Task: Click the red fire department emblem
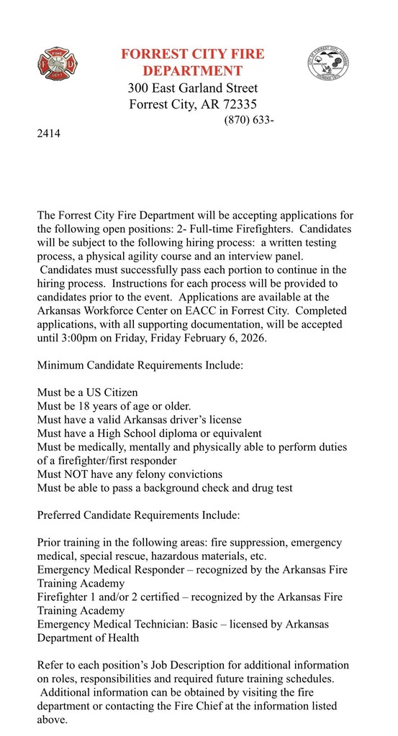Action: pyautogui.click(x=58, y=63)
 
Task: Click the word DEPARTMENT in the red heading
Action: pyautogui.click(x=192, y=70)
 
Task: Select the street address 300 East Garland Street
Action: pyautogui.click(x=192, y=88)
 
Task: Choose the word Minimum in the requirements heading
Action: pyautogui.click(x=60, y=365)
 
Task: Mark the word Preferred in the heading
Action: pyautogui.click(x=60, y=515)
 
